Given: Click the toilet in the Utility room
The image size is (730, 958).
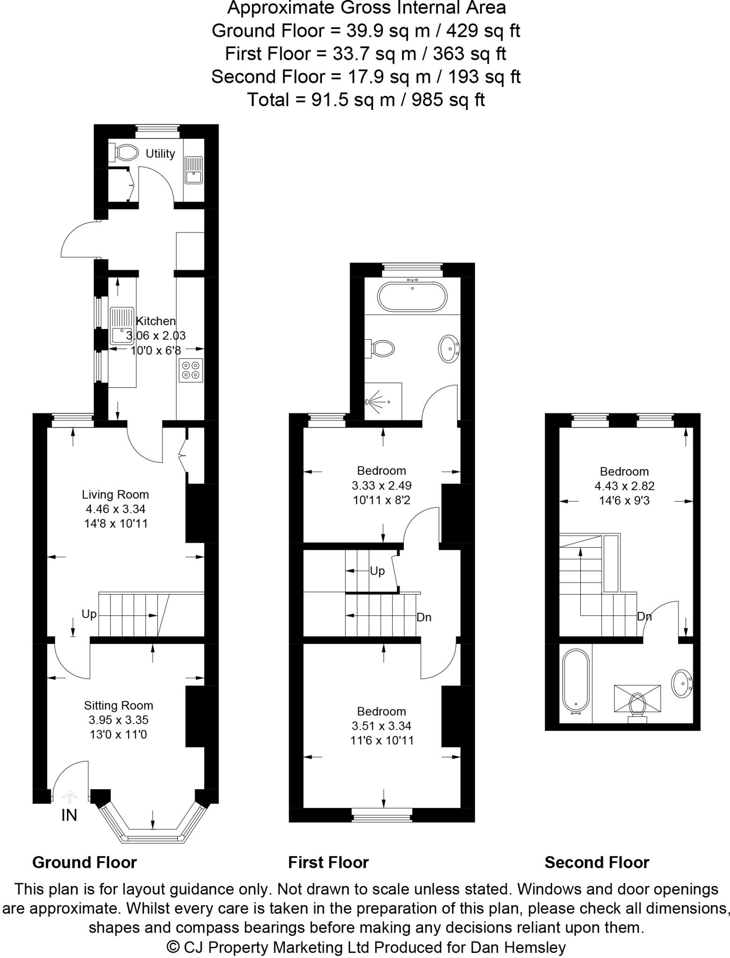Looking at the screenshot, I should click(125, 152).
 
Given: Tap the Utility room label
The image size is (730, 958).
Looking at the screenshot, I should click(160, 153).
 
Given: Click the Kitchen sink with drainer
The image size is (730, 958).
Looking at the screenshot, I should click(122, 326).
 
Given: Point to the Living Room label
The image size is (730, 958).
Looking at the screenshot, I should click(115, 494).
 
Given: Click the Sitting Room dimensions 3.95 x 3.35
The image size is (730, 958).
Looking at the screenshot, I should click(118, 720).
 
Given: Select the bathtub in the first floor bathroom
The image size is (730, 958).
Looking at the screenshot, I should click(412, 297).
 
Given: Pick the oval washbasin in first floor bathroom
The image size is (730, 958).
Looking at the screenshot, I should click(450, 348).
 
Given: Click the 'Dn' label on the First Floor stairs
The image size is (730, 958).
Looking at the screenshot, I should click(424, 617).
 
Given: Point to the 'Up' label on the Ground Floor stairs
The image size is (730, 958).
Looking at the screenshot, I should click(89, 614).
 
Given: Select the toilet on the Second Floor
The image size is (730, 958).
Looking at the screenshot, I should click(637, 704).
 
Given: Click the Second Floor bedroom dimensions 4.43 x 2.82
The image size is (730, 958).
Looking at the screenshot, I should click(624, 486).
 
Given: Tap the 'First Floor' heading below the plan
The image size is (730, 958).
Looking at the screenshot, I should click(328, 862).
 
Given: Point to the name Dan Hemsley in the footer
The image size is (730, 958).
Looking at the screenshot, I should click(518, 947).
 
